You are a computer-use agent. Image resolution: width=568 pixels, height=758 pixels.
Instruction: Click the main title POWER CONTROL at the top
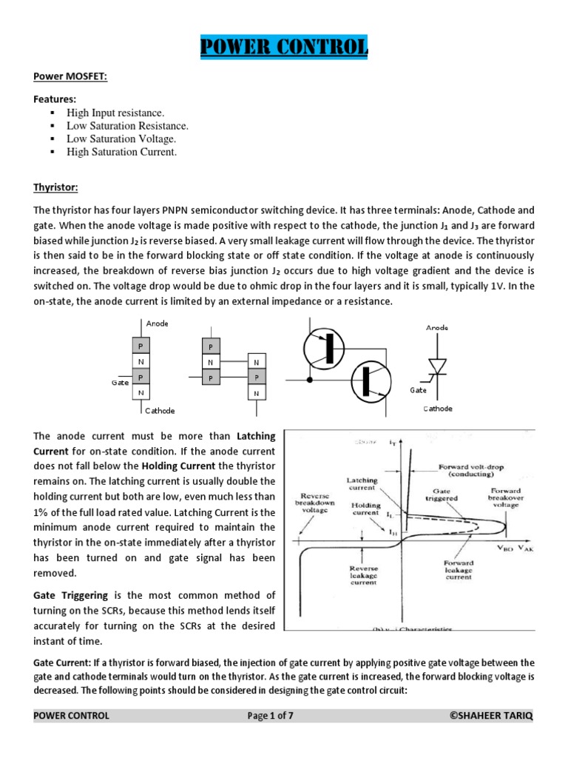pos(284,48)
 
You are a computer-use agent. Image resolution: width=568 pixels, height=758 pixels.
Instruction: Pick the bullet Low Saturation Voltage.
pos(121,139)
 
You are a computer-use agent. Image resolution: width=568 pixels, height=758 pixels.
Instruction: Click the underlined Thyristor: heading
pos(55,188)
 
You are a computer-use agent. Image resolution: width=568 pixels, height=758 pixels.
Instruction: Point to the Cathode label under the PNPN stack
pos(159,410)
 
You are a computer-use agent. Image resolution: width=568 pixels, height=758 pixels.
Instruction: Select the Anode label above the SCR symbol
pos(436,327)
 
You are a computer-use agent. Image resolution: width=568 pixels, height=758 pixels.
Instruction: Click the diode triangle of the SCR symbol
pos(438,366)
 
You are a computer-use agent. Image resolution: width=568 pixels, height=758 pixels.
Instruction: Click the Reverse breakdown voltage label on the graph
pos(317,497)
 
